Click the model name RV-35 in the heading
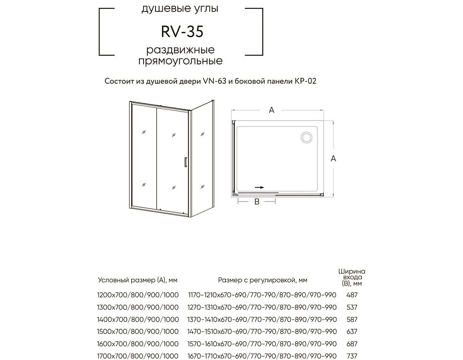182,32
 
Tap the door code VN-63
214,81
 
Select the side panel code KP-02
305,81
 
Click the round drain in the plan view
307,137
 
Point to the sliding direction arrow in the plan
260,187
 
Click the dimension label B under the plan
257,202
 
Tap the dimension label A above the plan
272,110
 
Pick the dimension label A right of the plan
333,158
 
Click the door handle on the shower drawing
185,163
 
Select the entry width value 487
352,295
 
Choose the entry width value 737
352,356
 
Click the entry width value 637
352,331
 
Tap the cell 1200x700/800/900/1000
138,295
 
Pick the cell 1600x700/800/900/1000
138,344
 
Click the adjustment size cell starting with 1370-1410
262,319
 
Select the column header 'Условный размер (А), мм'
138,280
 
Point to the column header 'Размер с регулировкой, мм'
263,280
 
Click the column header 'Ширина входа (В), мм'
352,277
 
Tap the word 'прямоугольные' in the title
180,61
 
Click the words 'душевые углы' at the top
180,9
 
